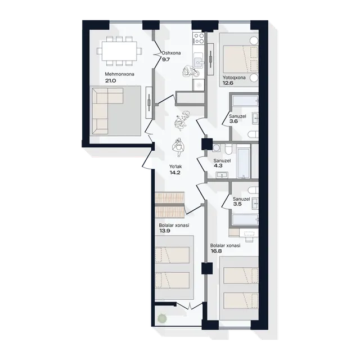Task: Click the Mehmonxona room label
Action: click(119, 74)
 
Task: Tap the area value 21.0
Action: click(111, 81)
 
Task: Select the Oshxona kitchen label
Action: click(171, 53)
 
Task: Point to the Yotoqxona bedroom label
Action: click(234, 78)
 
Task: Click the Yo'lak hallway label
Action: click(175, 166)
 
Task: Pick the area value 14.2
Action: click(175, 173)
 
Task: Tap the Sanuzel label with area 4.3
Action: click(222, 161)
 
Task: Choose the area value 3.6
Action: click(234, 121)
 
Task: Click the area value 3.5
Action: click(237, 204)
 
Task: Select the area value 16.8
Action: click(216, 251)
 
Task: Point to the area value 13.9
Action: click(165, 231)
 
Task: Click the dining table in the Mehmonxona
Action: click(119, 51)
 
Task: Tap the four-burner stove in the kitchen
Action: click(199, 38)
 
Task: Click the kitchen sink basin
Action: click(197, 61)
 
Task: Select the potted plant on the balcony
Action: click(163, 318)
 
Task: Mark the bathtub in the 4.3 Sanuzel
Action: click(243, 163)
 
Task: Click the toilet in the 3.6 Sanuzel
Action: click(254, 134)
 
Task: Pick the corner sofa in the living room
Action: click(107, 111)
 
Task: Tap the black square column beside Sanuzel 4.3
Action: click(207, 144)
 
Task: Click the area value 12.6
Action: click(228, 83)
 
